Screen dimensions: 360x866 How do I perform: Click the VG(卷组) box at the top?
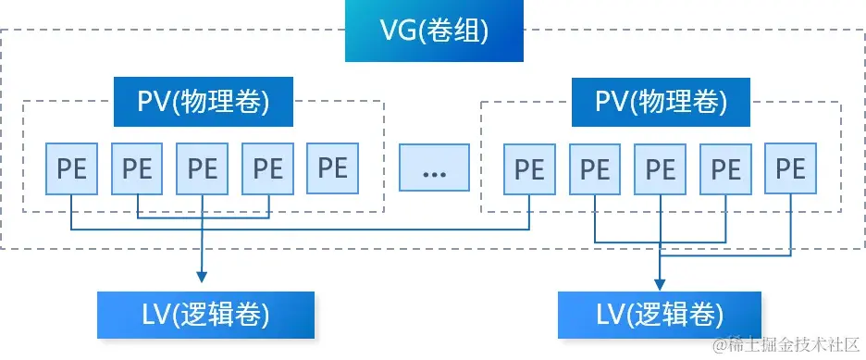pos(434,33)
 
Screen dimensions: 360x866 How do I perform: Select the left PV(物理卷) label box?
pos(203,101)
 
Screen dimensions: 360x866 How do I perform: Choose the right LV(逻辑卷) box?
pos(659,315)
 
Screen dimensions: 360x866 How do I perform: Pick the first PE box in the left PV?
pos(71,169)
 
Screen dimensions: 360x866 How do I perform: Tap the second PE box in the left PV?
pos(137,169)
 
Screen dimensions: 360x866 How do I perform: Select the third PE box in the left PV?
pos(202,169)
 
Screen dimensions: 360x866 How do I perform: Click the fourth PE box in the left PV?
pos(267,169)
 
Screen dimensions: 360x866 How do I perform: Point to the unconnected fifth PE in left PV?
pos(332,168)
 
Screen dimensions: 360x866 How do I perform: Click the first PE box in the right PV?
pos(529,169)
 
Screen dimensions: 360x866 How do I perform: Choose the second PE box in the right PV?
pos(595,169)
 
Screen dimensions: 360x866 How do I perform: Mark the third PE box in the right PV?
pos(660,169)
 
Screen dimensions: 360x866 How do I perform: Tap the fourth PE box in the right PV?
pos(725,169)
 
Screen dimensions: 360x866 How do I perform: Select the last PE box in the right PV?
pos(790,168)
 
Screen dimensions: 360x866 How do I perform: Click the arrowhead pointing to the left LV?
pos(202,275)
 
